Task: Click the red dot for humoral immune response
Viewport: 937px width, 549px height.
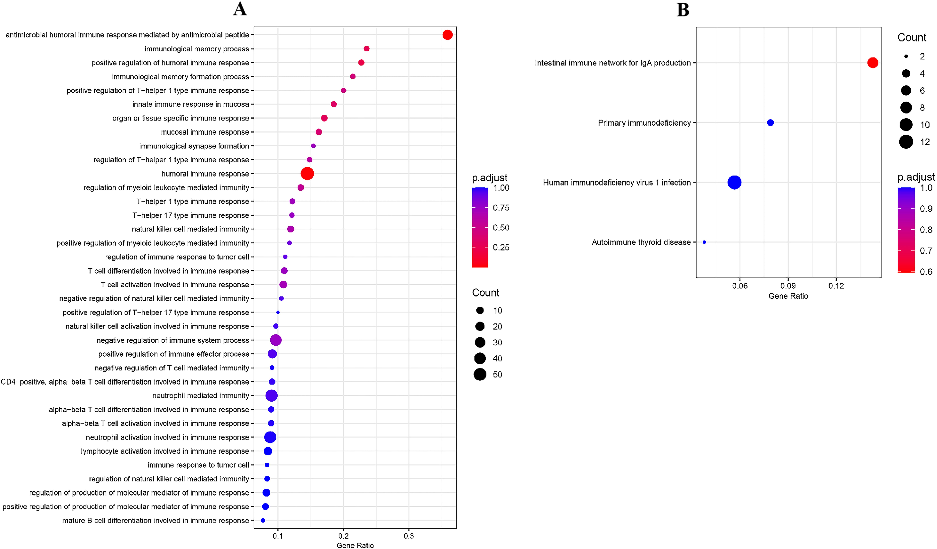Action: (x=307, y=174)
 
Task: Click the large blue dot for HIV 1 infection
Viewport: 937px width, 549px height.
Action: (x=734, y=182)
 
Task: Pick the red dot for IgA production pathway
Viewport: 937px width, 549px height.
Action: (x=873, y=63)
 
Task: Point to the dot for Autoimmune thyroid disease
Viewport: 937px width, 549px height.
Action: (x=704, y=242)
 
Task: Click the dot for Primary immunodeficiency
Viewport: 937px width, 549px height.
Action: (x=770, y=123)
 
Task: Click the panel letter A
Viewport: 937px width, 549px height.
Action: (x=240, y=9)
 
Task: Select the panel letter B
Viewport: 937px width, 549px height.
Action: (x=683, y=10)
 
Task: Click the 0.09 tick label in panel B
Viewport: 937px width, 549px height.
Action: (x=788, y=286)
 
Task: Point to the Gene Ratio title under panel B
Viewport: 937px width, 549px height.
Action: (x=788, y=296)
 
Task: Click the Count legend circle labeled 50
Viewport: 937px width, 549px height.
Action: (x=480, y=375)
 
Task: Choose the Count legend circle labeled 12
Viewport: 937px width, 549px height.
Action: (x=906, y=142)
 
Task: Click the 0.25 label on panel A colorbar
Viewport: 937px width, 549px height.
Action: (x=501, y=247)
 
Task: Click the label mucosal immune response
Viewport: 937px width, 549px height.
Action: (x=205, y=132)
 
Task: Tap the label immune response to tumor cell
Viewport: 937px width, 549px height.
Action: (x=198, y=465)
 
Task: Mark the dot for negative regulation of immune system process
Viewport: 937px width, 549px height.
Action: (x=275, y=340)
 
